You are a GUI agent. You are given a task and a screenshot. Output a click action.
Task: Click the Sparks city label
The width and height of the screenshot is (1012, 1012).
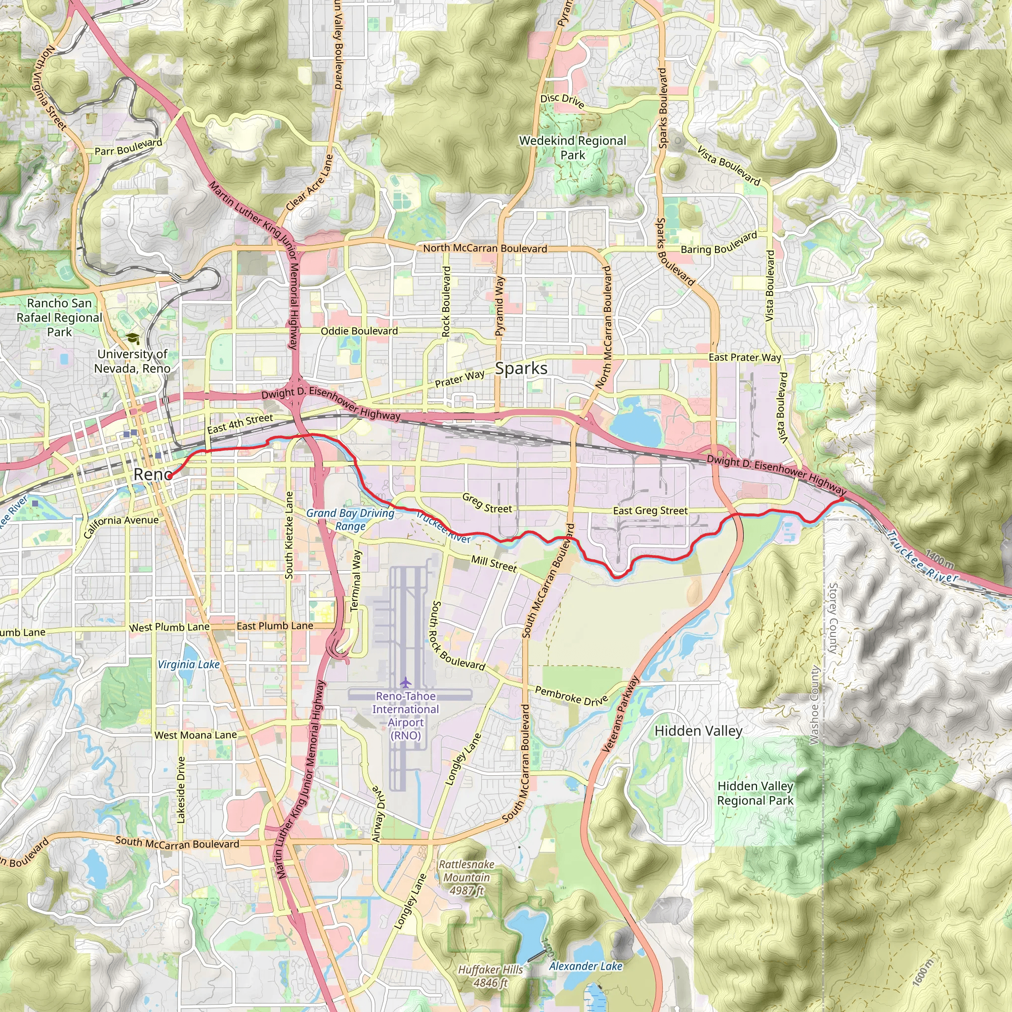click(521, 368)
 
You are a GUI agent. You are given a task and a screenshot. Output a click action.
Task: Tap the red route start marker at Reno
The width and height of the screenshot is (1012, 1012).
click(169, 476)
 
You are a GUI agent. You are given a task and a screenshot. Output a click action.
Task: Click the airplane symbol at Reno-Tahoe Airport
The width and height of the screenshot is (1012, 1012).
click(405, 682)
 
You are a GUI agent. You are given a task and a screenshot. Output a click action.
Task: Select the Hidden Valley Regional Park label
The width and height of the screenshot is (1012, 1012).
click(755, 793)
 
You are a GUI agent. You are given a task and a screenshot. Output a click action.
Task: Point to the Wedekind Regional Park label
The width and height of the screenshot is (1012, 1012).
click(573, 148)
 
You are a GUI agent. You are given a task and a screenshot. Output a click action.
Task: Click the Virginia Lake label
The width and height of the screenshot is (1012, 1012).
click(189, 664)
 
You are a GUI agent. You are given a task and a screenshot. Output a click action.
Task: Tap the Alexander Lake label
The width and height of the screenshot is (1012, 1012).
click(586, 967)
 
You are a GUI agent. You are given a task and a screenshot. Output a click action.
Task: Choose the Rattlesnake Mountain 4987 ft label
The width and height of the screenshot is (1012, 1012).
click(466, 878)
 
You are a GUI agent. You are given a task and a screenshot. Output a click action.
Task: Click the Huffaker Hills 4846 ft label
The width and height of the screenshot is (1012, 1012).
click(490, 976)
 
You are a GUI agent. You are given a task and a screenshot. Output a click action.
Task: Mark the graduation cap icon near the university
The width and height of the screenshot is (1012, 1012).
click(133, 339)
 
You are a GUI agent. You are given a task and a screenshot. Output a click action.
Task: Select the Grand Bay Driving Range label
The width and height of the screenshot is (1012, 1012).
click(350, 520)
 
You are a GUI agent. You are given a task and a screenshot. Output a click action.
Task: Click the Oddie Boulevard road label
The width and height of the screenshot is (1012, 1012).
click(359, 331)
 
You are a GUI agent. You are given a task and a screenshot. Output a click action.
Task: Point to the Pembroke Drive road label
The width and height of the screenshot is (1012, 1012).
click(571, 696)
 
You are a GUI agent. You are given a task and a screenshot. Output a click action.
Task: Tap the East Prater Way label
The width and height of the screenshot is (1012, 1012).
click(744, 357)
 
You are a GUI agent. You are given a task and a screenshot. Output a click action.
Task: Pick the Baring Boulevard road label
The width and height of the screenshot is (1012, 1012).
click(718, 243)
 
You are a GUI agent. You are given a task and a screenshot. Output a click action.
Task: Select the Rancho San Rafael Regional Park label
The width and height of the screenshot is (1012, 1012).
click(59, 317)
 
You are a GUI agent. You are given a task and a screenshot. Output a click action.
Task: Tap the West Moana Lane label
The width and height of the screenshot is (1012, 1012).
click(195, 735)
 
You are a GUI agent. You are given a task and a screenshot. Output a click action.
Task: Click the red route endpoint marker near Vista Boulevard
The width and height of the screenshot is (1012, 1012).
click(841, 499)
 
